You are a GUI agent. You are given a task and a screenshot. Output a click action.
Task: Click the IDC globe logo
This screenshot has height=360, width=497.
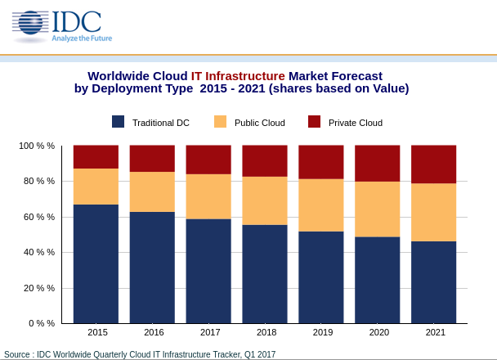point(30,23)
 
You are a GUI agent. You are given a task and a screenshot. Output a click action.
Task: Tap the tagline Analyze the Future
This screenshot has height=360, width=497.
point(82,38)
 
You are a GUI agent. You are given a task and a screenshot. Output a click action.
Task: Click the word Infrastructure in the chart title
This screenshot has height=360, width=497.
point(245,76)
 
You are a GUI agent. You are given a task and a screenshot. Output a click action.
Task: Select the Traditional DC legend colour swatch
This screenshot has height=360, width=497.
point(118,121)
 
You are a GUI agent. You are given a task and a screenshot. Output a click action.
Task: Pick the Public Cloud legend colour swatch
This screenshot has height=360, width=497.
point(220,121)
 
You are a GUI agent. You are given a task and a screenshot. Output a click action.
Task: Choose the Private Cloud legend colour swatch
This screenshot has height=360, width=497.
point(314,121)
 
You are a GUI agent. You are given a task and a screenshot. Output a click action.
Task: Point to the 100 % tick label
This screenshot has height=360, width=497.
point(37,146)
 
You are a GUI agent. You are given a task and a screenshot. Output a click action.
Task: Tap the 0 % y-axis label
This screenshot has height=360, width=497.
point(42,323)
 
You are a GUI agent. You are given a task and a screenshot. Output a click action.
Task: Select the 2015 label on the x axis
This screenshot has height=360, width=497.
point(97,332)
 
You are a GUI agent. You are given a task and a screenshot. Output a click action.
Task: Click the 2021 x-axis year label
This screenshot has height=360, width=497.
point(436,332)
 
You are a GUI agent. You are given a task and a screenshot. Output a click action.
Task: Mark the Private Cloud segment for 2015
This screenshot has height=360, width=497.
point(96,157)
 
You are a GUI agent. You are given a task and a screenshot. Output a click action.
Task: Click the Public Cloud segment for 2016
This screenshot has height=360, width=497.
point(152,192)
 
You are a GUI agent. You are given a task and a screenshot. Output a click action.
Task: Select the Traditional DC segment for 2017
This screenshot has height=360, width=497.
point(208,271)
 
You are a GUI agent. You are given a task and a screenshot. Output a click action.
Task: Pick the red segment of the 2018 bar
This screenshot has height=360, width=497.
point(265,161)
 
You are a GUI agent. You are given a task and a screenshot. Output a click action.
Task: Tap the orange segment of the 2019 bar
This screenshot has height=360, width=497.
point(321,205)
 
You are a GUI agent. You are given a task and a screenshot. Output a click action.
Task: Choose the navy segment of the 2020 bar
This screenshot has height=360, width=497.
point(378,280)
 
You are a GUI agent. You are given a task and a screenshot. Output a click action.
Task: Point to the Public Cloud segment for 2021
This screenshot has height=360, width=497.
point(433,213)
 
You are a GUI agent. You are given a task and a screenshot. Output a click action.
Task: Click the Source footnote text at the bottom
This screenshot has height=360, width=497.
point(140,354)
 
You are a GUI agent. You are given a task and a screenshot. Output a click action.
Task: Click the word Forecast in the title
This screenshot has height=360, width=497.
point(357,76)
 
